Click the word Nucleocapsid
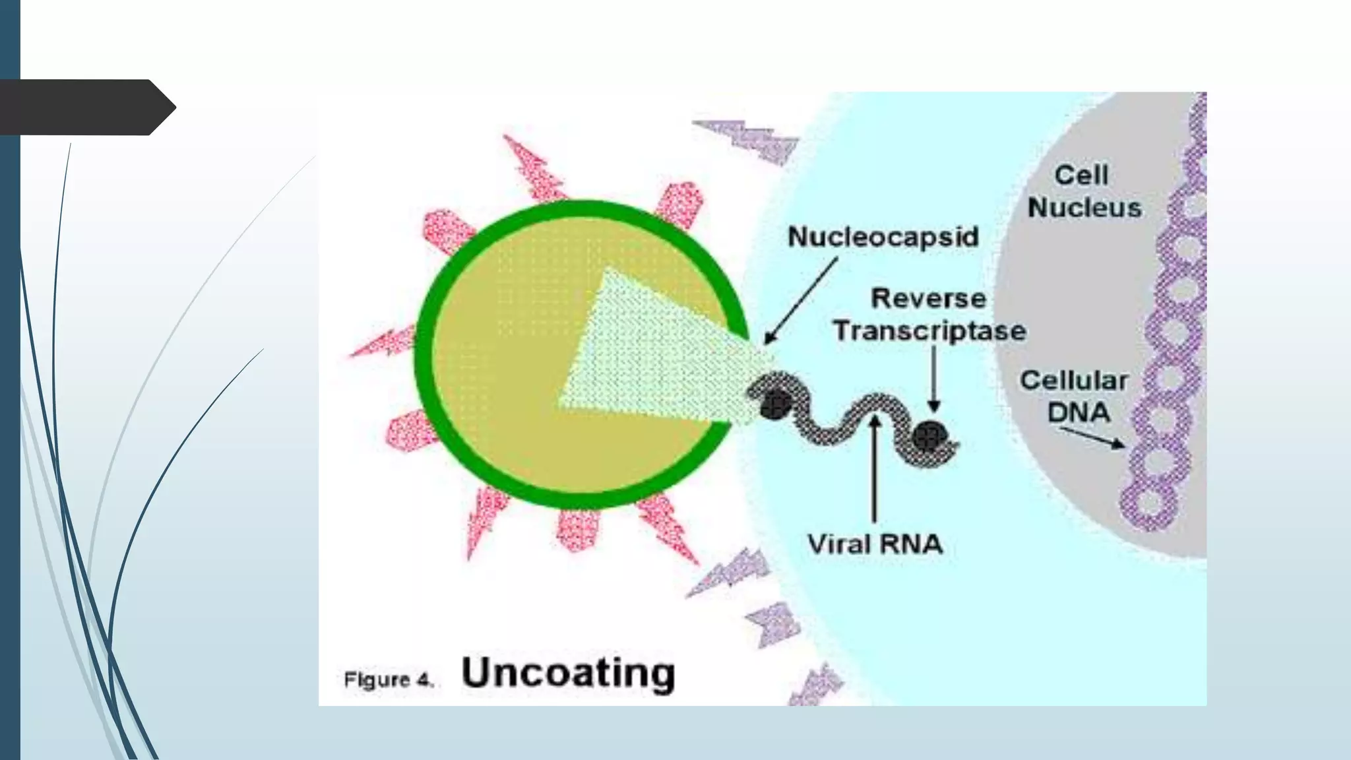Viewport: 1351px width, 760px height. pos(883,237)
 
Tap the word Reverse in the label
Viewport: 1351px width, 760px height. pos(928,298)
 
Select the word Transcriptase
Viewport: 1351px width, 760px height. pos(929,331)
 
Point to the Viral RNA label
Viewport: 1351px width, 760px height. pos(875,544)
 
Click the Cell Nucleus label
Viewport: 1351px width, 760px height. pos(1084,191)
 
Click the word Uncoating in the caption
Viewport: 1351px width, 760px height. pos(568,673)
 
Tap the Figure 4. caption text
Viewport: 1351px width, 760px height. pos(389,680)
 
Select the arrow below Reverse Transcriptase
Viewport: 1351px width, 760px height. pos(933,379)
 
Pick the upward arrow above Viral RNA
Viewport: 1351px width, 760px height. pos(875,468)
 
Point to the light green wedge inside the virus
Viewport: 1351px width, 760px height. pos(646,350)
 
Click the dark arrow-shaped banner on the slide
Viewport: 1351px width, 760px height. pos(86,108)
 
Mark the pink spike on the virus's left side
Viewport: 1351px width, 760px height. pos(383,343)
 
